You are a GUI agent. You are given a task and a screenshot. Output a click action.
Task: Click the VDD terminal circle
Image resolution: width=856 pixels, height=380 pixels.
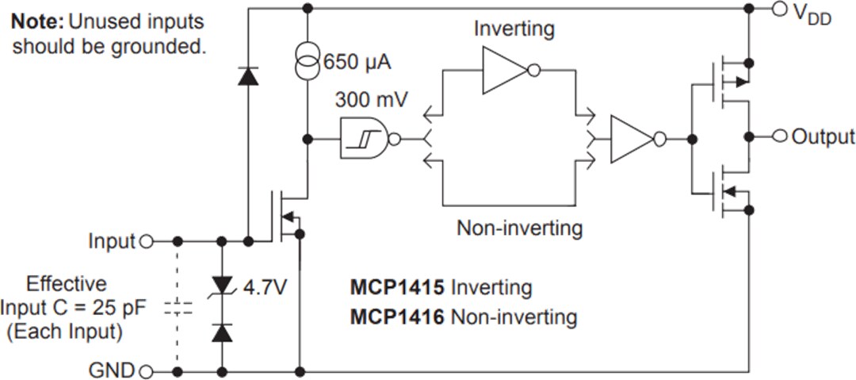pyautogui.click(x=780, y=9)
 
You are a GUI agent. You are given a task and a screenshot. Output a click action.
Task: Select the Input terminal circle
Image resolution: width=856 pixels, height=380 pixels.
pyautogui.click(x=145, y=240)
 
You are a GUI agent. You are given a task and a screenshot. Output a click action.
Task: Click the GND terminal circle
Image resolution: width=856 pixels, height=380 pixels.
pyautogui.click(x=145, y=370)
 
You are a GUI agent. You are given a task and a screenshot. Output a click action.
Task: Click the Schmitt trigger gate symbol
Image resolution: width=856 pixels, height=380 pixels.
pyautogui.click(x=367, y=139)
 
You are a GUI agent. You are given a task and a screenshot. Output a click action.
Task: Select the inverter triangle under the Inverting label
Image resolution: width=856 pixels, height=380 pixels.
pyautogui.click(x=507, y=71)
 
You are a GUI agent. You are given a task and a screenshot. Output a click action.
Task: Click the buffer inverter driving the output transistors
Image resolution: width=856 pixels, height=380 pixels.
pyautogui.click(x=634, y=139)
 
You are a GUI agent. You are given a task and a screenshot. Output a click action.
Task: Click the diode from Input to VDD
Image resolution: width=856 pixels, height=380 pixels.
pyautogui.click(x=248, y=76)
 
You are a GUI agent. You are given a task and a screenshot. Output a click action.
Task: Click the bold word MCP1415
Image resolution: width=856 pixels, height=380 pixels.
pyautogui.click(x=397, y=286)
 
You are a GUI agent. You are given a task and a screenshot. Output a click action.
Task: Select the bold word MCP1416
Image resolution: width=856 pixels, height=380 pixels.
pyautogui.click(x=397, y=317)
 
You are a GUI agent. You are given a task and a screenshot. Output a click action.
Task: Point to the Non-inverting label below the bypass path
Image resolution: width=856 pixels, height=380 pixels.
pyautogui.click(x=519, y=228)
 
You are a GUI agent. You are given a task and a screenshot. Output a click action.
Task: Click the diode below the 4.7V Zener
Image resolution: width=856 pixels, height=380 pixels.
pyautogui.click(x=223, y=332)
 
